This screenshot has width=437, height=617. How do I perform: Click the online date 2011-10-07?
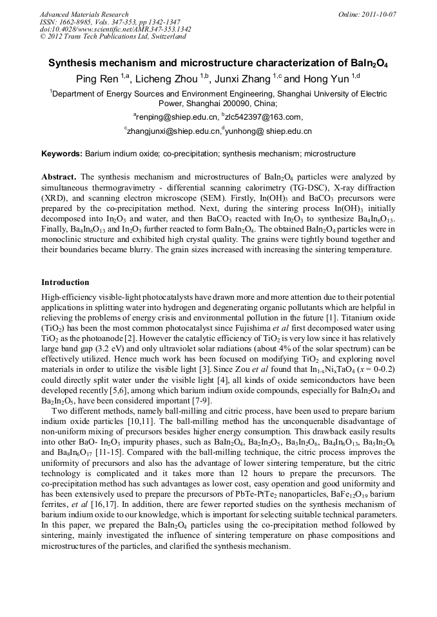point(381,14)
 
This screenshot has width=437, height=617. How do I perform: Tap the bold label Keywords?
point(62,154)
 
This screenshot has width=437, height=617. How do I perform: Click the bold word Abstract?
point(59,176)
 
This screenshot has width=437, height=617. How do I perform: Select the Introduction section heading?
point(65,282)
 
